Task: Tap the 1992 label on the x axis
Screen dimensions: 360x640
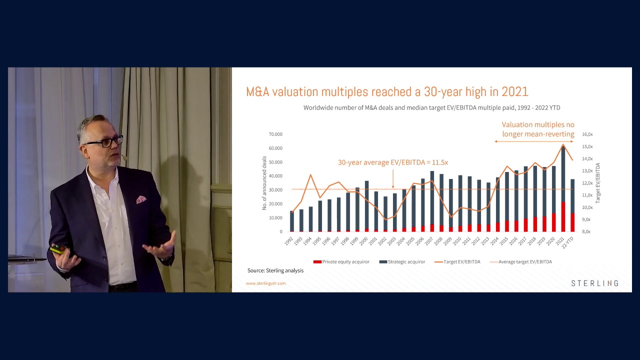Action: (289, 240)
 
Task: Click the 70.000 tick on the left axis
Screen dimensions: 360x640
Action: (275, 134)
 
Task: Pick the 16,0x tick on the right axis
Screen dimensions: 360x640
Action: (587, 134)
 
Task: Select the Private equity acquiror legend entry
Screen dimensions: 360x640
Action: (341, 261)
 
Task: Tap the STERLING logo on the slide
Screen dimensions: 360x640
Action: (594, 283)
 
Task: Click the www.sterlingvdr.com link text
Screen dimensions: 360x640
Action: (265, 283)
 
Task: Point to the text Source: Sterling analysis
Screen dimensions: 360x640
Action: (275, 270)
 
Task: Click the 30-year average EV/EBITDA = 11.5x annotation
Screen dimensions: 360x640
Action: (392, 162)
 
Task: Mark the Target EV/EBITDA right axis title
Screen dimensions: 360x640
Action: (597, 182)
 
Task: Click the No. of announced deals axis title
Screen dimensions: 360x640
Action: (264, 183)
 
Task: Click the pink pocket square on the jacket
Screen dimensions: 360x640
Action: (141, 199)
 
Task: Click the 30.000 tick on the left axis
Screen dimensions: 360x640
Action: (275, 190)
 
